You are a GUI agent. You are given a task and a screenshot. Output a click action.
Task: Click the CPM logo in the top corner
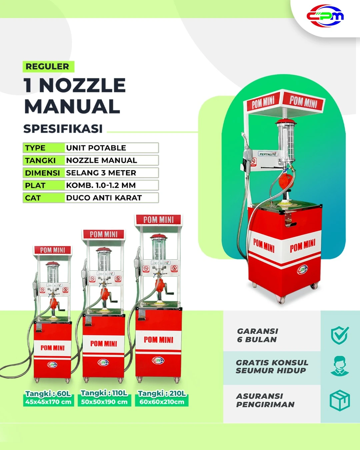[325, 16]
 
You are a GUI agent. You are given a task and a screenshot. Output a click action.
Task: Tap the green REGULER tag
[48, 66]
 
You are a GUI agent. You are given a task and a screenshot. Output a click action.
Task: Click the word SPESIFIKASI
[63, 129]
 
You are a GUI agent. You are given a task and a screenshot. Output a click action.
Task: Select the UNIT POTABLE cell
[111, 148]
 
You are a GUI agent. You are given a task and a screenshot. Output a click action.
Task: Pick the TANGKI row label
[40, 160]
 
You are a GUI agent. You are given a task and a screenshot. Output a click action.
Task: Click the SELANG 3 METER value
[101, 173]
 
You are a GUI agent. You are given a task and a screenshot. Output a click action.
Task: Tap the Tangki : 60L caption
[48, 394]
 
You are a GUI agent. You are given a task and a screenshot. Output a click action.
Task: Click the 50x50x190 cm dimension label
[104, 402]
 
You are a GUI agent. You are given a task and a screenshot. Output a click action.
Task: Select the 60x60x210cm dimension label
[162, 402]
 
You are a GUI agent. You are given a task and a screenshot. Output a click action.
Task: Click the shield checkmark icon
[340, 335]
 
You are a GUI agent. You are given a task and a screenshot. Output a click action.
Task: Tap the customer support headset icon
[340, 366]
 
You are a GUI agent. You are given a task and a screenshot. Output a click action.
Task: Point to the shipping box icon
[340, 400]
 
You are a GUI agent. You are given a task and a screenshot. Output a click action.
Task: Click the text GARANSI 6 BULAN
[258, 335]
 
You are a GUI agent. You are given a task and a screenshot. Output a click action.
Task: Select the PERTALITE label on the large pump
[268, 154]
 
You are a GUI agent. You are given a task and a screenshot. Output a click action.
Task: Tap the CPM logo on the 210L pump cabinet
[158, 360]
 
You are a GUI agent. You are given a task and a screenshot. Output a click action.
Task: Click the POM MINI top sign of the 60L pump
[53, 250]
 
